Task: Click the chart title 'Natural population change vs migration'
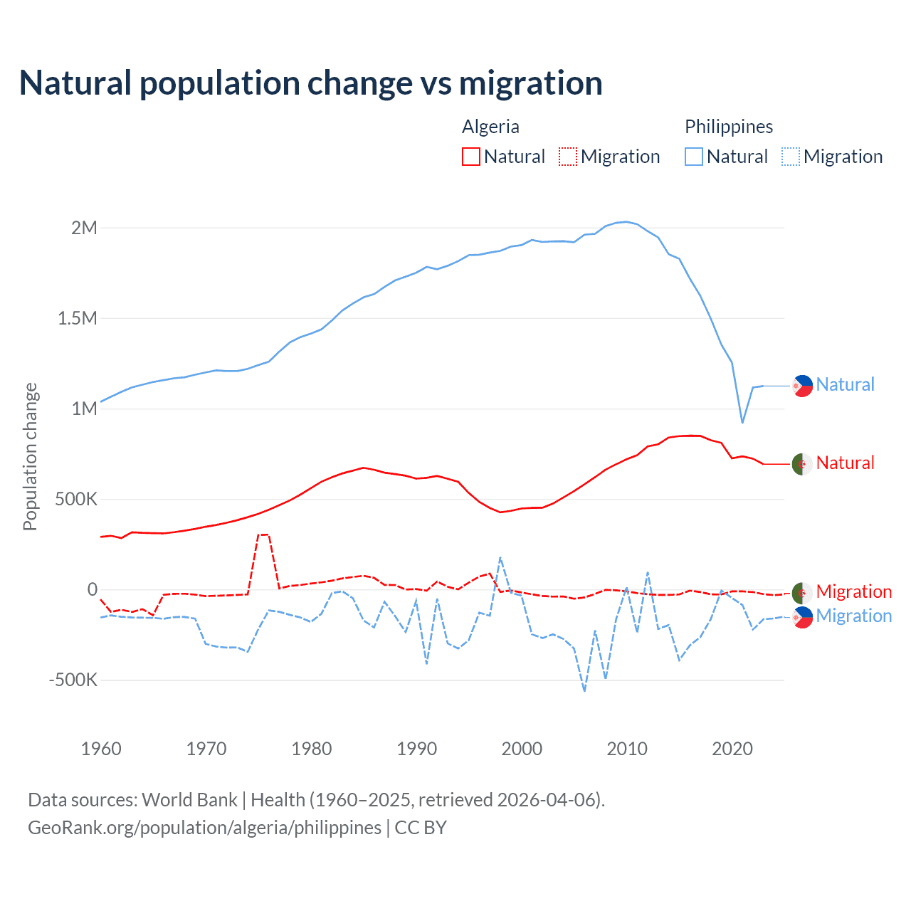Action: point(311,83)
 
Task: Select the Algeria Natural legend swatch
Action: point(471,157)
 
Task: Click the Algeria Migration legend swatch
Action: point(568,157)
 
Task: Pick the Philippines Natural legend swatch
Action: point(694,157)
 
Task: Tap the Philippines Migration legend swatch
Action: point(791,157)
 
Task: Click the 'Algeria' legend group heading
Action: point(490,127)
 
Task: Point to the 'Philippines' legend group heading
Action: point(729,127)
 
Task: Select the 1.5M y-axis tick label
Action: point(77,318)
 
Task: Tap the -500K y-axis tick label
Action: point(73,680)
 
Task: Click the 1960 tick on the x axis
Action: point(101,749)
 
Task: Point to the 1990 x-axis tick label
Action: point(416,749)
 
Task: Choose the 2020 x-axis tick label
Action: point(732,749)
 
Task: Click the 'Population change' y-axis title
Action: point(30,456)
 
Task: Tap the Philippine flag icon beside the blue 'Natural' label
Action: point(802,386)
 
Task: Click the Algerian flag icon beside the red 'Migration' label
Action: point(802,592)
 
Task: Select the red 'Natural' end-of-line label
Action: point(845,463)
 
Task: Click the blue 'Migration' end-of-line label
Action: point(853,616)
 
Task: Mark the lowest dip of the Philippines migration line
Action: point(584,690)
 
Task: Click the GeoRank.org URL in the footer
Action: point(204,828)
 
